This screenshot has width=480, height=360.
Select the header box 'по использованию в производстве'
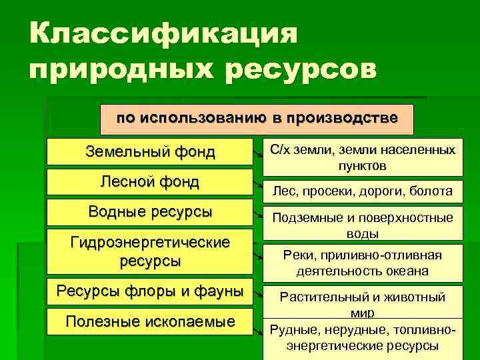(257, 119)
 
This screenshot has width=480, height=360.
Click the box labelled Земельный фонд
(151, 152)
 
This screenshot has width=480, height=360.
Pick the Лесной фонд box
(151, 182)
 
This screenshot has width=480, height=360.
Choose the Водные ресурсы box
(151, 213)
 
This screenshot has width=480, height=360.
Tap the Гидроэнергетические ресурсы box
(151, 251)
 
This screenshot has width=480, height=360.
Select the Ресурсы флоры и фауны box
(151, 292)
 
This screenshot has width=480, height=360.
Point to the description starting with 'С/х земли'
(362, 157)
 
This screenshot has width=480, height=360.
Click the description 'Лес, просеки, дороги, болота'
(362, 191)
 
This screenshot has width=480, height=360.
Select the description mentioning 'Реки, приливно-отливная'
(362, 263)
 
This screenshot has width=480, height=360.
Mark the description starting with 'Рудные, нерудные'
(362, 337)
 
